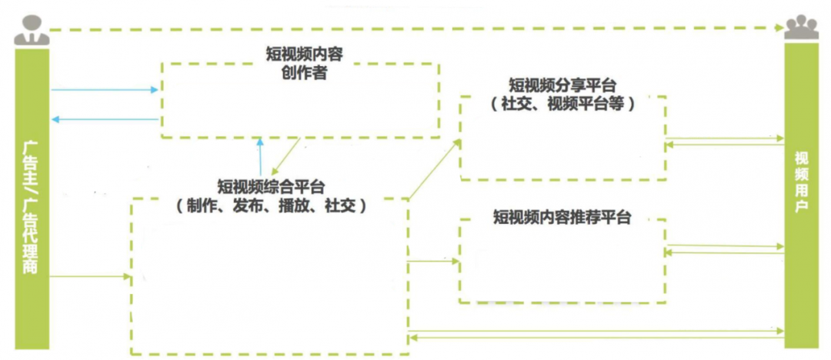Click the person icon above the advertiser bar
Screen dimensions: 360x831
(32, 29)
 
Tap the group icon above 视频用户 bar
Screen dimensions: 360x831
(802, 28)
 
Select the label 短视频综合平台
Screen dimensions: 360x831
(271, 186)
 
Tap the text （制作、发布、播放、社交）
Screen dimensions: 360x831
(271, 205)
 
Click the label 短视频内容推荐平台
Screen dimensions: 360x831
(562, 218)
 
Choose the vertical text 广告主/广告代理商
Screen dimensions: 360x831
(32, 208)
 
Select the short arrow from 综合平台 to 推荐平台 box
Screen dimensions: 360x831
(433, 262)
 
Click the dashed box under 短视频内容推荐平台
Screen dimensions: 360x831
(562, 262)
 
